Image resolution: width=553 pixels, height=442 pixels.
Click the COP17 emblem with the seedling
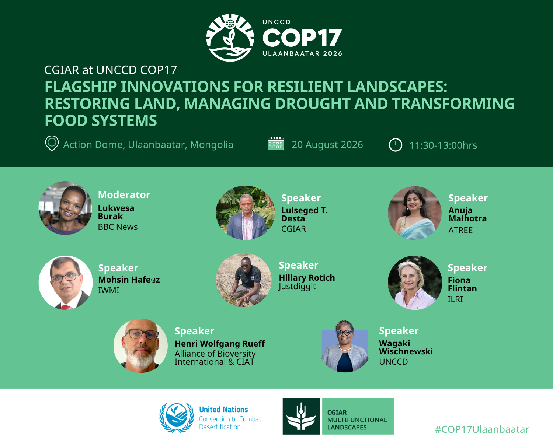(x=230, y=38)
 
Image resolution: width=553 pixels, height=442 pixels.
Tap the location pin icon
(x=52, y=144)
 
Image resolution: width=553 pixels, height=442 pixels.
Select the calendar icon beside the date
(x=275, y=144)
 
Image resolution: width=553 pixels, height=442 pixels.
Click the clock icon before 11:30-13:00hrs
(x=396, y=145)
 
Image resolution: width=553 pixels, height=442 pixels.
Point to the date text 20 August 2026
(x=327, y=145)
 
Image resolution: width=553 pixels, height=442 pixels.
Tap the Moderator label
(x=124, y=195)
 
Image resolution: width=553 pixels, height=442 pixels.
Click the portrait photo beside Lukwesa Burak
(x=65, y=208)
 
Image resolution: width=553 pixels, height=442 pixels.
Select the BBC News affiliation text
(x=118, y=227)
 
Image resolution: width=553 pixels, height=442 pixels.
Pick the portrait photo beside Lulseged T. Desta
(x=245, y=213)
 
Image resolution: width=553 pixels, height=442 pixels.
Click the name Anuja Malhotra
(x=467, y=214)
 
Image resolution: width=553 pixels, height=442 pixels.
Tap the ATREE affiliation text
(x=460, y=230)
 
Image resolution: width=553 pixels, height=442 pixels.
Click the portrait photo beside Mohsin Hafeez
(x=66, y=283)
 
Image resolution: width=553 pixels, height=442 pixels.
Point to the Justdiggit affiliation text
(x=297, y=287)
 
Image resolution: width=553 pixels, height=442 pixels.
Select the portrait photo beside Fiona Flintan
(x=415, y=283)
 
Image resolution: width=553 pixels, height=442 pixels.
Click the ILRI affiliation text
(x=455, y=299)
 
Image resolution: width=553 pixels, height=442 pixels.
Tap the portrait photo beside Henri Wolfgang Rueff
(x=140, y=346)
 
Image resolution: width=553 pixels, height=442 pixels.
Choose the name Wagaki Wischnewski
(x=406, y=347)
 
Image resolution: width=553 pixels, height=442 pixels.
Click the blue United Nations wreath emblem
(x=177, y=418)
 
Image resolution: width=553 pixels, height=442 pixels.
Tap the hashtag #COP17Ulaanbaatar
(x=482, y=429)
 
